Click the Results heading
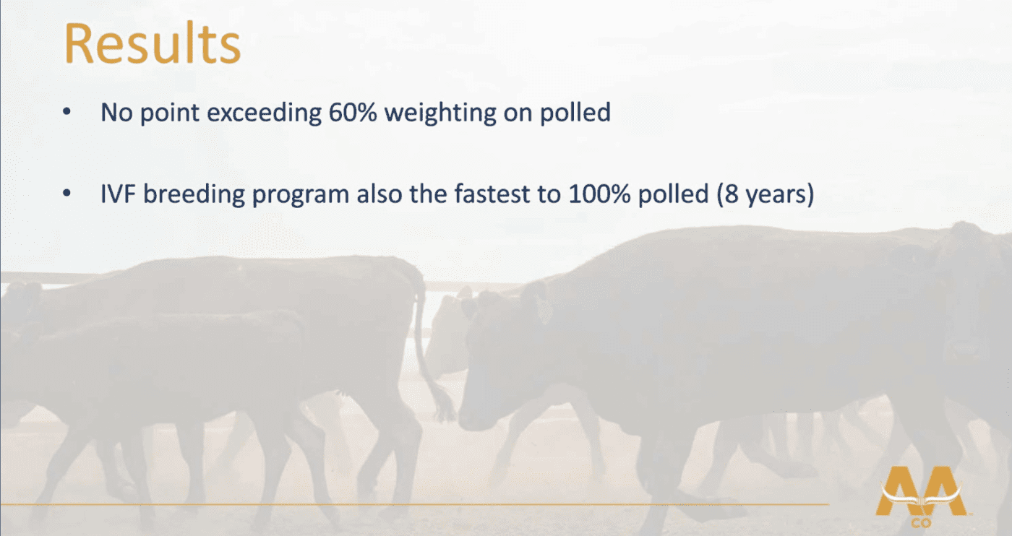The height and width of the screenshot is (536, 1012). pos(153,43)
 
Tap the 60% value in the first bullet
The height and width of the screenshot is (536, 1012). pos(353,112)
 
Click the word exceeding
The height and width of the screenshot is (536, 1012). pos(265,112)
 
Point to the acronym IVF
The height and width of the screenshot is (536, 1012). pos(118,194)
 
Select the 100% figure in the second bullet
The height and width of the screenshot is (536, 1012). pos(599,194)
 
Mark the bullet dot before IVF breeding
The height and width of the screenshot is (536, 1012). pos(67,194)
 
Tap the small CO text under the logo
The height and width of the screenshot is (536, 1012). pos(921,523)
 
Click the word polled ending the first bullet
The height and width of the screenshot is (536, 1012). pos(575,113)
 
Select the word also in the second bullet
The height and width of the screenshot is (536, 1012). pos(379,194)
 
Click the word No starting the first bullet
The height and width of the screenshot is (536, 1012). pos(116,112)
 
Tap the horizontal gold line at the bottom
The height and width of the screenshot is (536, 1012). pos(415,504)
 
